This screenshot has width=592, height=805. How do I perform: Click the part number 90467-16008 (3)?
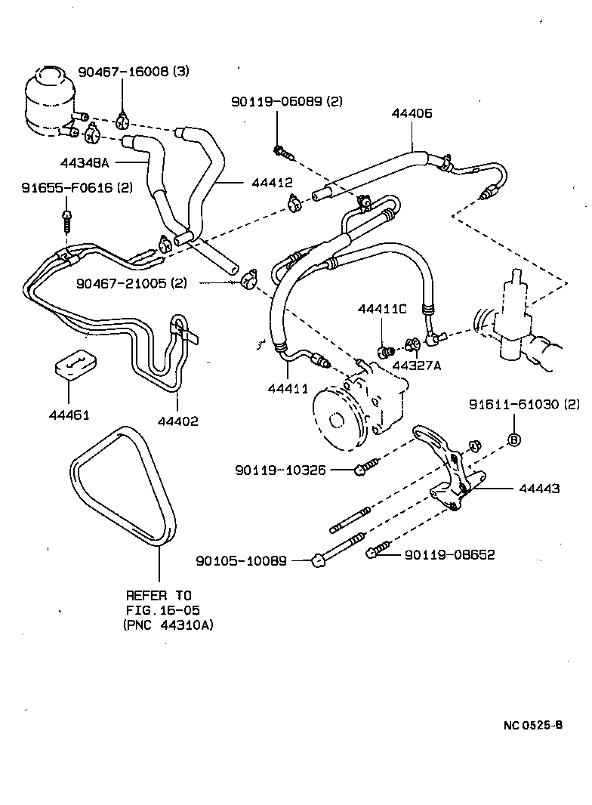[x=133, y=72]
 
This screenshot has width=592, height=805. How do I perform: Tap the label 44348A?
[x=85, y=162]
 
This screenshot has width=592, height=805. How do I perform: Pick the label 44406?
[x=412, y=113]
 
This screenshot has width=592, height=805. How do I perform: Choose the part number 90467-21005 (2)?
[x=131, y=283]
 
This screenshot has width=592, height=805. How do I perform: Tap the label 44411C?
[x=382, y=309]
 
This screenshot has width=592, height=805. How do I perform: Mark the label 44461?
[x=69, y=415]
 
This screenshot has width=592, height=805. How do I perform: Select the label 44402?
[x=178, y=421]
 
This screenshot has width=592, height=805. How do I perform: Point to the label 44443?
[x=539, y=489]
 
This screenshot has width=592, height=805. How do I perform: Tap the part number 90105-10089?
[x=241, y=560]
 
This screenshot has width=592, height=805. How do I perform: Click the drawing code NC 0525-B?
[x=532, y=726]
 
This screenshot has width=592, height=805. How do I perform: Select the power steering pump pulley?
[x=335, y=412]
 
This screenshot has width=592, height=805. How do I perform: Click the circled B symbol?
[x=513, y=440]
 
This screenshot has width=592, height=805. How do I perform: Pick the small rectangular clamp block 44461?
[x=73, y=365]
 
